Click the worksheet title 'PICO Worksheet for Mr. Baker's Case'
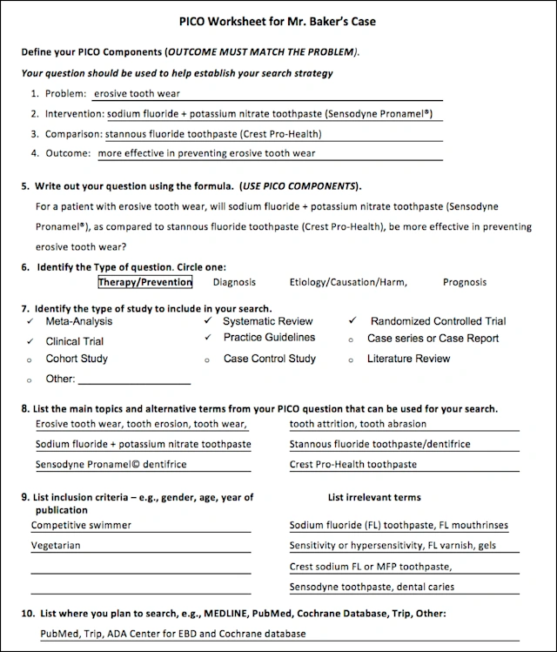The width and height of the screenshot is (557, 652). click(278, 20)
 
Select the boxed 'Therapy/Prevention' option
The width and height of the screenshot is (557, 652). click(144, 282)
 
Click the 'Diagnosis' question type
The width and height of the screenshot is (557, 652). click(234, 282)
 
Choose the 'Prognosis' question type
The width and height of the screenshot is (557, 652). click(465, 282)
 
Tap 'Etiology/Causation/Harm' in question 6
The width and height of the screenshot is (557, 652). click(348, 282)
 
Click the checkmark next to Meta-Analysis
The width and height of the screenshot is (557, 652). click(30, 321)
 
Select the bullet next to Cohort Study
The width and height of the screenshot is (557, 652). click(30, 359)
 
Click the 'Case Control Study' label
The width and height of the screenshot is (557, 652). click(269, 359)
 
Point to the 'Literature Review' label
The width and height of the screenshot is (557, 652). click(408, 359)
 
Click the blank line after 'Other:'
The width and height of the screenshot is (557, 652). click(134, 380)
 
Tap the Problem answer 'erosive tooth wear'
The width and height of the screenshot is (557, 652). click(137, 94)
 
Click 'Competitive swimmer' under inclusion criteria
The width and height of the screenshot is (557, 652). click(82, 525)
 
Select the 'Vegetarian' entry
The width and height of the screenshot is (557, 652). click(56, 546)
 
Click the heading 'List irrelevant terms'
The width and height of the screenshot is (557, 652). click(374, 498)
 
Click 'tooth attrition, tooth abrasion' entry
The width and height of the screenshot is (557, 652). click(358, 424)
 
